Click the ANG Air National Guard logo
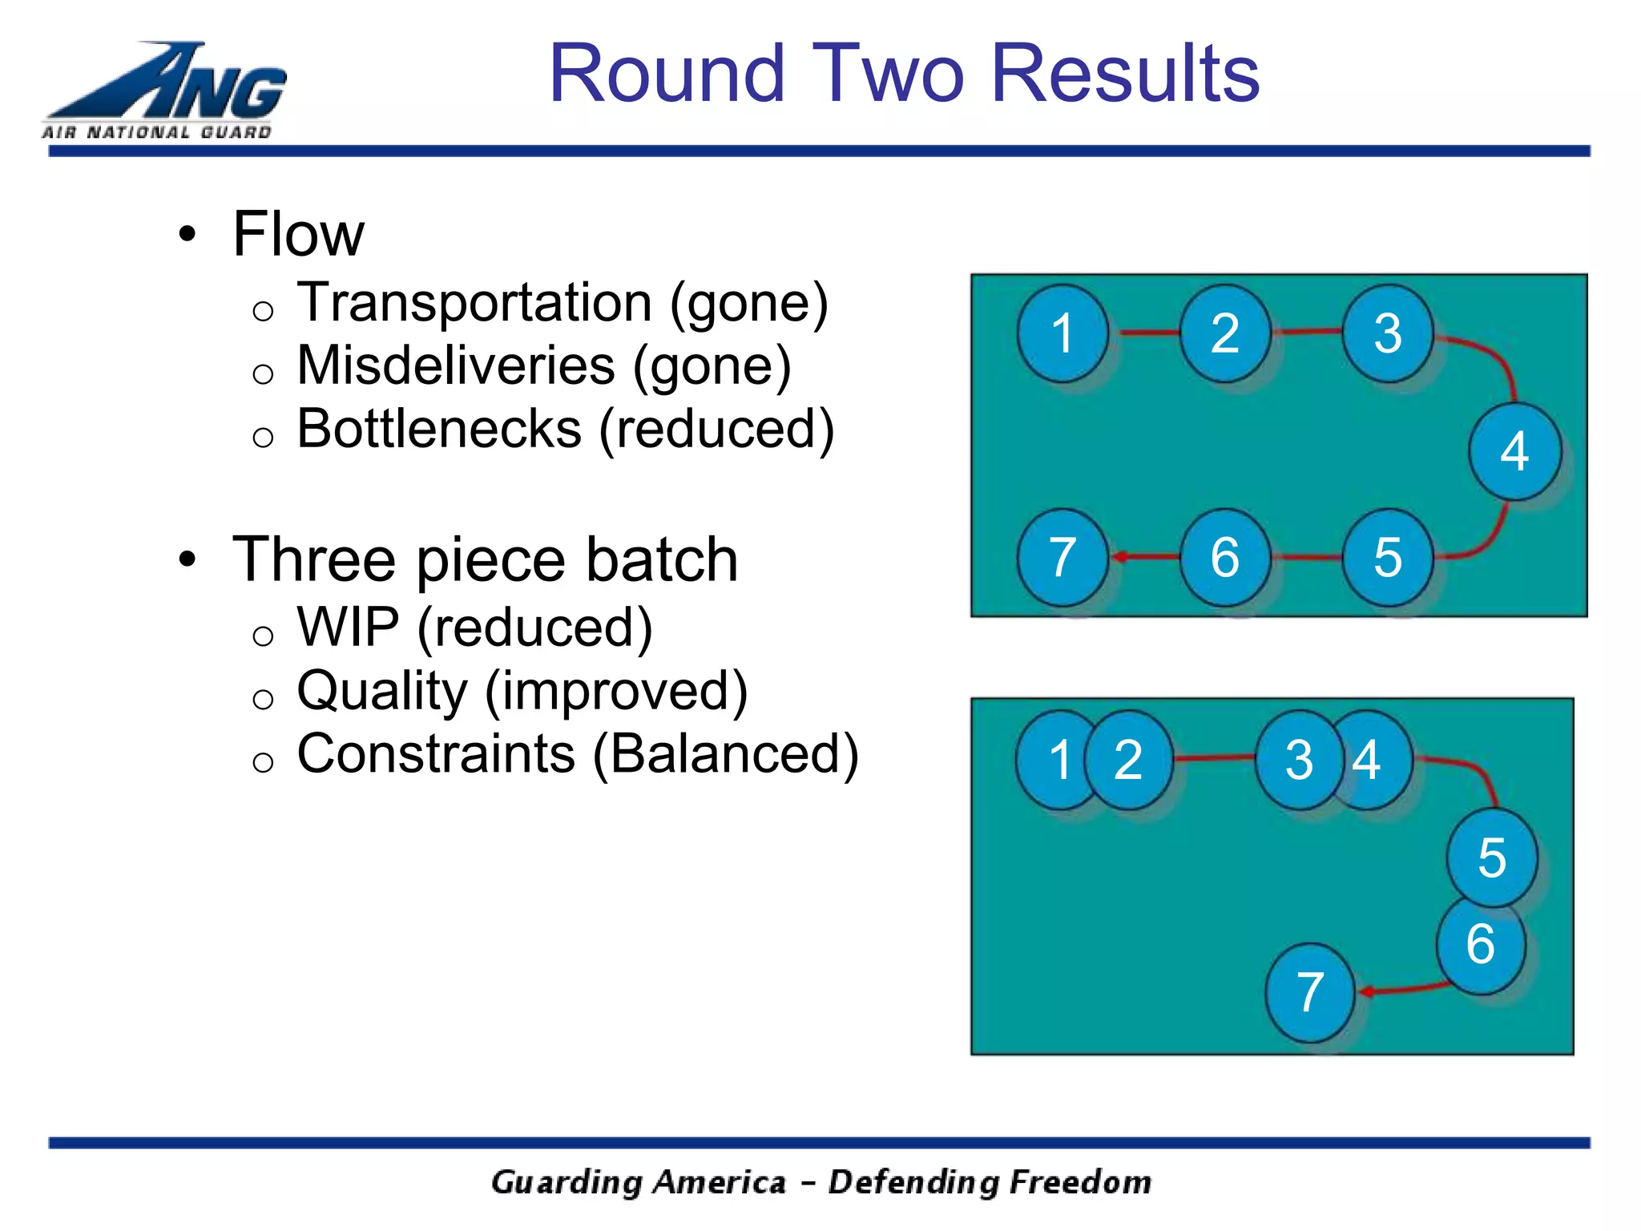(164, 91)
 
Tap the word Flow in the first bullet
(298, 234)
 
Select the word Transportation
(474, 303)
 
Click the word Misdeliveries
(456, 365)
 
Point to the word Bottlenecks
(439, 429)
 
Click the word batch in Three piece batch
(660, 559)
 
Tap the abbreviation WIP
(348, 627)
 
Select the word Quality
(382, 690)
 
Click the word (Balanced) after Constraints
(725, 754)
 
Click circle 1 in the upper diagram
(1062, 333)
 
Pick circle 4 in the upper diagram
(1514, 451)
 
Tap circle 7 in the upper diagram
(1062, 556)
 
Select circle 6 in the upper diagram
(1225, 556)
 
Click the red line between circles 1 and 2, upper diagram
(1144, 332)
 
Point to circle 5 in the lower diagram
(1492, 858)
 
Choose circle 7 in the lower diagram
(1310, 992)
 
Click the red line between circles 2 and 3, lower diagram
(1214, 757)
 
